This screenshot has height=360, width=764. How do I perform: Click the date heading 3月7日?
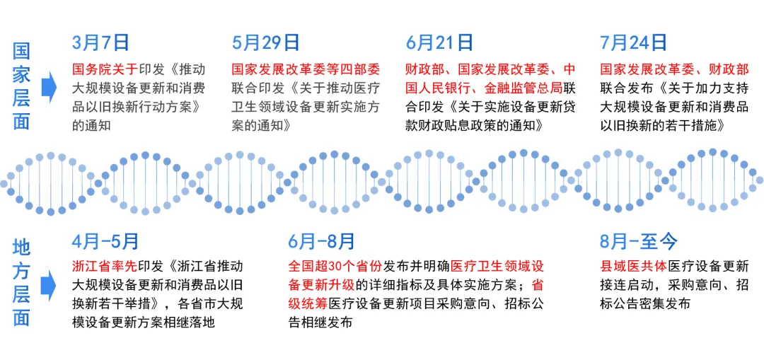point(102,43)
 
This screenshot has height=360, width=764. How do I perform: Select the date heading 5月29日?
point(266,43)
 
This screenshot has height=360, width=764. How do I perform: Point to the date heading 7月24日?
point(634,43)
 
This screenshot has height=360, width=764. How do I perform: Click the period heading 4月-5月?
point(106,242)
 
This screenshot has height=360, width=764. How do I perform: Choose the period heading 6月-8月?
point(322,242)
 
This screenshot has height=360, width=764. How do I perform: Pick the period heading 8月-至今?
point(639,242)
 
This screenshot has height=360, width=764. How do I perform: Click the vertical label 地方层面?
point(22,282)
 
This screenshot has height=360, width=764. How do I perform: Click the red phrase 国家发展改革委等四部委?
point(306,70)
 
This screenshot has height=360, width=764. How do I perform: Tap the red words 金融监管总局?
point(523,89)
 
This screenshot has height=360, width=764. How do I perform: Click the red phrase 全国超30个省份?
point(335,267)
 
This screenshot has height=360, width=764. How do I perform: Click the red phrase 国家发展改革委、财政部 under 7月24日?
point(673,70)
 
